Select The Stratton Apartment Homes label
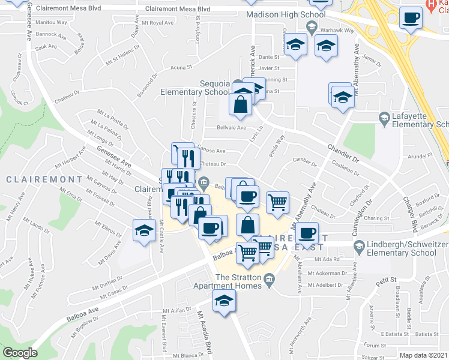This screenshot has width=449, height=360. [x=240, y=281]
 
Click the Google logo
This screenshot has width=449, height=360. [x=20, y=353]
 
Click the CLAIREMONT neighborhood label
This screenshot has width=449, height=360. [x=44, y=179]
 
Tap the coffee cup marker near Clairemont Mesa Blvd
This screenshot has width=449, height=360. [x=411, y=19]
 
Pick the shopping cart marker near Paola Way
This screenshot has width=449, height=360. [x=277, y=203]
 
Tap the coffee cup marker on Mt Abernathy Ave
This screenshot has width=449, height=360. [x=307, y=232]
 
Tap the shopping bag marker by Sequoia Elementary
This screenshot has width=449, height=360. [x=240, y=104]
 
